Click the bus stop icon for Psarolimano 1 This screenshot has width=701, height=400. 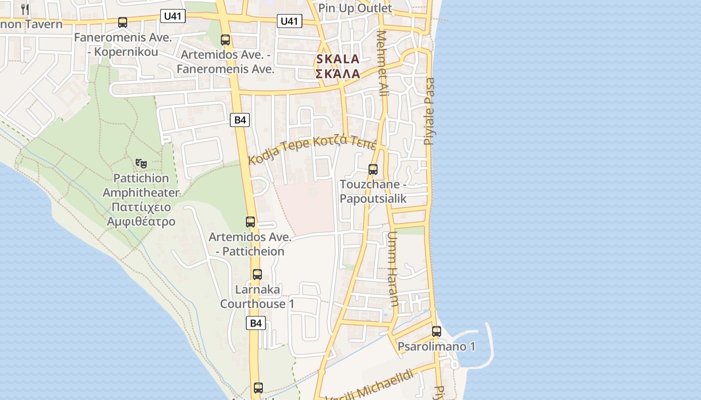click(437, 331)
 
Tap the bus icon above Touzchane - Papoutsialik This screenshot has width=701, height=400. click(373, 169)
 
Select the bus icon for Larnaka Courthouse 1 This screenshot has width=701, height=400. click(257, 274)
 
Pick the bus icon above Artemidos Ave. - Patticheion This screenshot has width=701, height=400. click(250, 222)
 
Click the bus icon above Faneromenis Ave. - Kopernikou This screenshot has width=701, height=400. click(123, 22)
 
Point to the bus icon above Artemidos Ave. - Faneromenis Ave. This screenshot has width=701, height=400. click(225, 40)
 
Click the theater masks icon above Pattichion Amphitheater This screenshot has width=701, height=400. click(141, 163)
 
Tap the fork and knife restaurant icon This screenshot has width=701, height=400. click(25, 9)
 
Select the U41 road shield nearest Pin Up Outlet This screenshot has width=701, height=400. click(289, 21)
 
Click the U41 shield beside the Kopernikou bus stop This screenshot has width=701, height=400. click(174, 16)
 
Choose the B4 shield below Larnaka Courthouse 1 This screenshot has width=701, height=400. click(256, 323)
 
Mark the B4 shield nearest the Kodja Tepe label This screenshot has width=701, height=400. click(240, 120)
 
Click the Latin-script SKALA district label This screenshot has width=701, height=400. click(337, 59)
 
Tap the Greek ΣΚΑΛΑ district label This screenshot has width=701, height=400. click(337, 74)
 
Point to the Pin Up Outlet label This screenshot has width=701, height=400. click(355, 8)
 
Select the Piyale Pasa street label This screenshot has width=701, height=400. click(429, 111)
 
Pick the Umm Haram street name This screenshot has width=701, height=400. click(393, 268)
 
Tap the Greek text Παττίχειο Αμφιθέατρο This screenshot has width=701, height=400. click(141, 214)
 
